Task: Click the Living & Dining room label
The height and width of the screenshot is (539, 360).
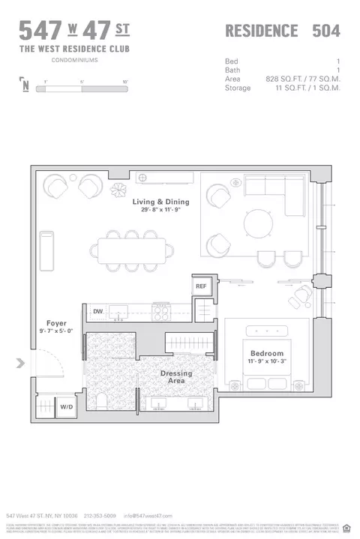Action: click(160, 202)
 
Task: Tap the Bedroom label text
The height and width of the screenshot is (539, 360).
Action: click(267, 353)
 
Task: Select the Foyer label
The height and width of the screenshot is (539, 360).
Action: click(56, 324)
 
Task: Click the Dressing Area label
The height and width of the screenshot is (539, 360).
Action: click(175, 377)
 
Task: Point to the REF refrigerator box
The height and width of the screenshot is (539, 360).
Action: click(200, 286)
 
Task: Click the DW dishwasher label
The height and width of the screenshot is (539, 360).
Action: click(98, 311)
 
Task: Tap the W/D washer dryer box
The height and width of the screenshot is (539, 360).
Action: click(67, 407)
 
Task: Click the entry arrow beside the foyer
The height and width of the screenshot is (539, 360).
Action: click(21, 364)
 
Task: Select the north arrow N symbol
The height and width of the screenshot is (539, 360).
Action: click(26, 85)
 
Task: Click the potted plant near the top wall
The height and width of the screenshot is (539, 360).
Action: click(118, 190)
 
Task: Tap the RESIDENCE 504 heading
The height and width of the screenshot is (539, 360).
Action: click(283, 31)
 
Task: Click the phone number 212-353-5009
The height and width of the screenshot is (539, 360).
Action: click(100, 517)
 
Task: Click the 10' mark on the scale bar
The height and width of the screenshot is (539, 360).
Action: click(126, 80)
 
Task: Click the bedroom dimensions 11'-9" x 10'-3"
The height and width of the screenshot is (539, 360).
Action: click(267, 361)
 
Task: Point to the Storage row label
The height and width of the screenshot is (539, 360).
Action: click(237, 88)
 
